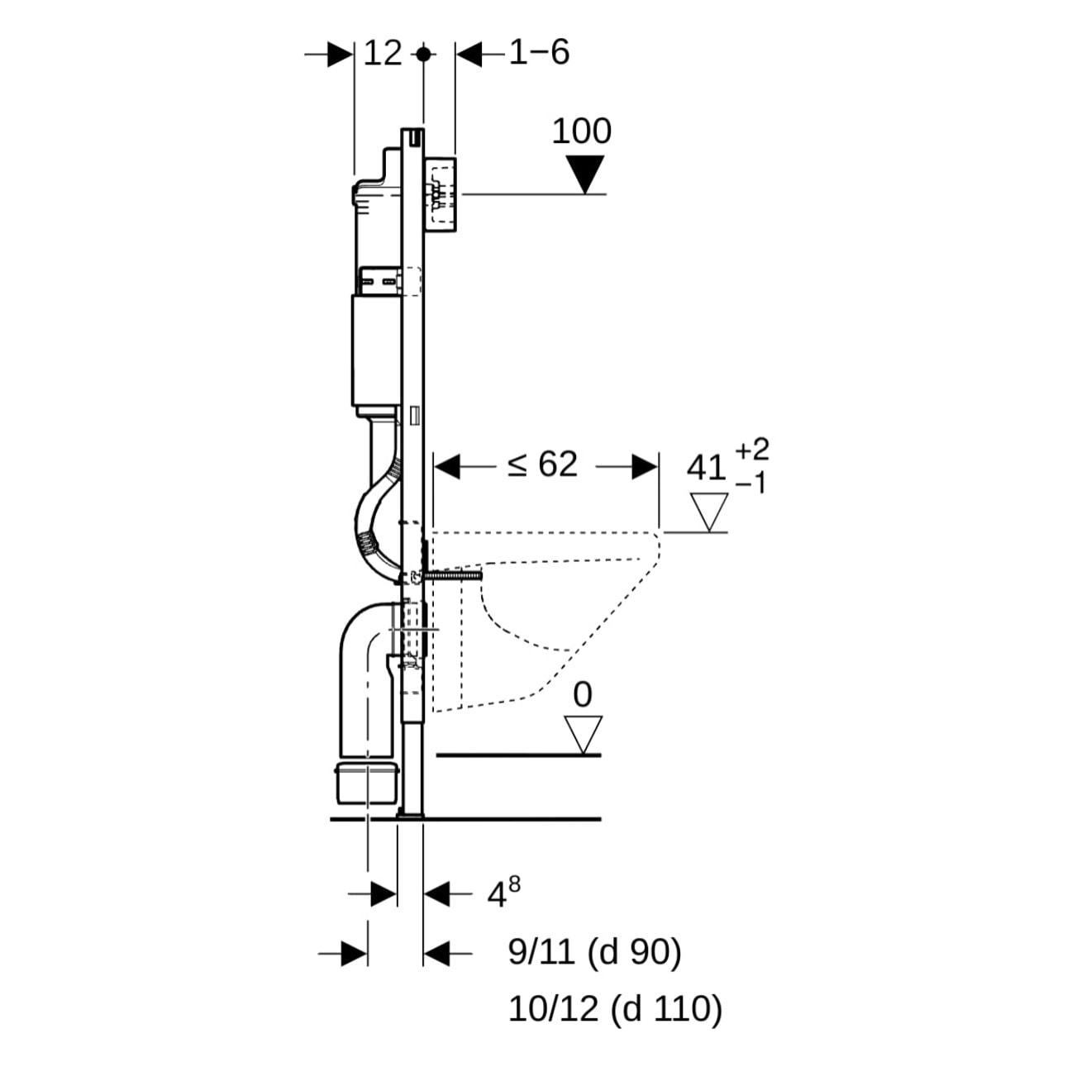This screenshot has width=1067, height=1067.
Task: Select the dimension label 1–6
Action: tap(539, 53)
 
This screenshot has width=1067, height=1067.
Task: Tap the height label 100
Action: tap(581, 131)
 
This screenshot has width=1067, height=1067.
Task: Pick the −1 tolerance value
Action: tap(751, 483)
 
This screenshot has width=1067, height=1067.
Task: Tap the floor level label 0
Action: tap(583, 695)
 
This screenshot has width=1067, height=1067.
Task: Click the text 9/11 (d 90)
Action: tap(594, 953)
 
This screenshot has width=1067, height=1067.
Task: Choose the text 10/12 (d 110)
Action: tap(615, 1009)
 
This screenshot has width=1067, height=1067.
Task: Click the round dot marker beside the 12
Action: tap(424, 55)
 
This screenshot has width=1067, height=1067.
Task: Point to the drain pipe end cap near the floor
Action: tap(368, 783)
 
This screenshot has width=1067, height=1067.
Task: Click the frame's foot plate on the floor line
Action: tap(410, 816)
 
